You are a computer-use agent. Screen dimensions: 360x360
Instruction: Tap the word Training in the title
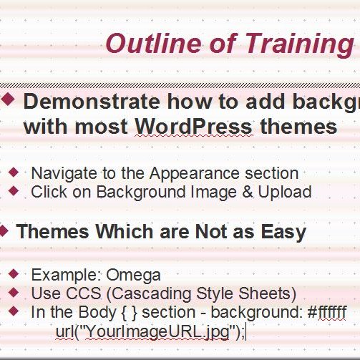[x=299, y=45]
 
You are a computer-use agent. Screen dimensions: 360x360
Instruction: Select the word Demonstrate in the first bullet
[x=92, y=102]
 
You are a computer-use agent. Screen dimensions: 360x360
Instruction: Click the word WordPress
[x=193, y=127]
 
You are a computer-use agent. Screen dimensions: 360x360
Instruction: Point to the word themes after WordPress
[x=298, y=127]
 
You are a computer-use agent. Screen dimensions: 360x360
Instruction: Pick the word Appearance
[x=195, y=174]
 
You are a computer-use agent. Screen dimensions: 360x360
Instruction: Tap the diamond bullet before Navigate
[x=14, y=172]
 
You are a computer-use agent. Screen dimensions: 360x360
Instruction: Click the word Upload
[x=285, y=193]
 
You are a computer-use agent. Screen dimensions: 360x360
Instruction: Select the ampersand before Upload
[x=248, y=192]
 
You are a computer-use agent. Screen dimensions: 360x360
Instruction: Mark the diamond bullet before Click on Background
[x=14, y=191]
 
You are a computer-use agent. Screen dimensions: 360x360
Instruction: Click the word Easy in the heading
[x=283, y=233]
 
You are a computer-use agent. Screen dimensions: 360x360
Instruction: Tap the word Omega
[x=133, y=276]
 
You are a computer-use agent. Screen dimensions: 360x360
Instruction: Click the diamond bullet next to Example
[x=14, y=274]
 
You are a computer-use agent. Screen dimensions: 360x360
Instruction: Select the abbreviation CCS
[x=83, y=293]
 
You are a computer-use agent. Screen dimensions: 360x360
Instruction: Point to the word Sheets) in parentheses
[x=267, y=294]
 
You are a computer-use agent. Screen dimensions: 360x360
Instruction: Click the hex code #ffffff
[x=327, y=311]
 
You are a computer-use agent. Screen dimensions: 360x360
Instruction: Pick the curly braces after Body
[x=129, y=313]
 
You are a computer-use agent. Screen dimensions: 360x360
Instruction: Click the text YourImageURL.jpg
[x=158, y=332]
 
